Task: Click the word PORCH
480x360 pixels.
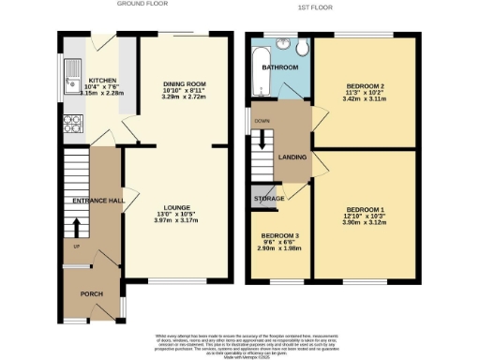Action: (x=92, y=293)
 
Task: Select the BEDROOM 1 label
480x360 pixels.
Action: (x=365, y=208)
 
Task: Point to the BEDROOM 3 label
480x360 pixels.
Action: (x=280, y=234)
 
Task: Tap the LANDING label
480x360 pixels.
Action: (x=293, y=157)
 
